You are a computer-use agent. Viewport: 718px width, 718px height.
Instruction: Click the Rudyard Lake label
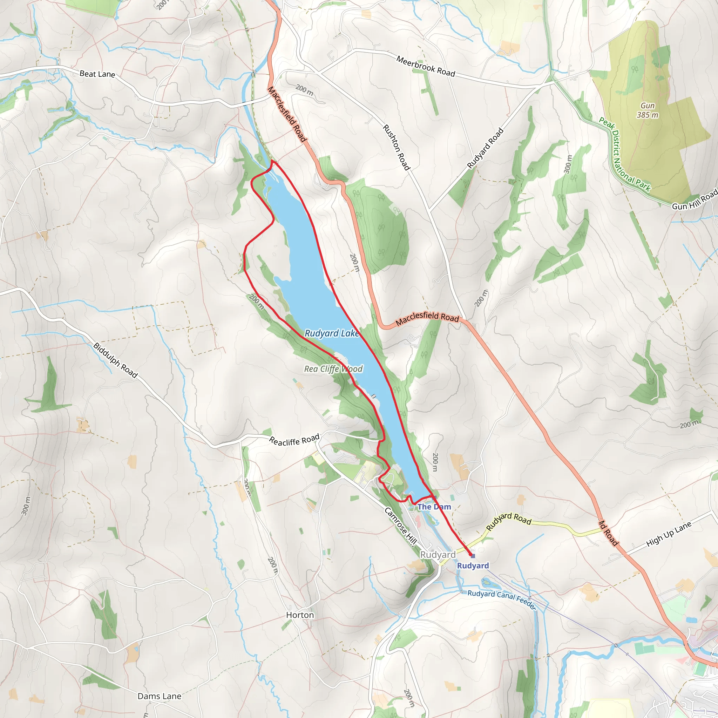point(332,333)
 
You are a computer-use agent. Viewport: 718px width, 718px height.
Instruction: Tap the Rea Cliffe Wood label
point(333,369)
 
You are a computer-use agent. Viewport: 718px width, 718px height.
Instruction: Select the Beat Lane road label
point(97,74)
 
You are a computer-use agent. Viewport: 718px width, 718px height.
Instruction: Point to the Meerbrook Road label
point(426,66)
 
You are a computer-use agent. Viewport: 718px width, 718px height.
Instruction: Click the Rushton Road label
point(396,148)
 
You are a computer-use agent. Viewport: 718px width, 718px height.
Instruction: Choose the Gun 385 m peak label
point(648,110)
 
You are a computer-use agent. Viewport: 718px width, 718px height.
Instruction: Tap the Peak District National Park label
point(624,154)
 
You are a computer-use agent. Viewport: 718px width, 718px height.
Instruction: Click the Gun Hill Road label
point(694,200)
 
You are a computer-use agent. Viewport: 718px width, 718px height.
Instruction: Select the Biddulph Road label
point(116,360)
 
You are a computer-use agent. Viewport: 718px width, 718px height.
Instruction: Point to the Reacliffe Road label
point(294,440)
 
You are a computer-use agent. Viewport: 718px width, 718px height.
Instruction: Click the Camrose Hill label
point(400,526)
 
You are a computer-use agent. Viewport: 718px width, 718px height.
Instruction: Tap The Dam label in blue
point(434,507)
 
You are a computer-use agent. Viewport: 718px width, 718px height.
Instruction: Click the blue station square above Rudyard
point(473,556)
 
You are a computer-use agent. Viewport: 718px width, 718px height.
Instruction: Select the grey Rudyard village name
point(438,555)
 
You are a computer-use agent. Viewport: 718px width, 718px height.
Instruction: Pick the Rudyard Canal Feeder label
point(502,599)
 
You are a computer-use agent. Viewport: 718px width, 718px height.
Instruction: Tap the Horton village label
point(300,615)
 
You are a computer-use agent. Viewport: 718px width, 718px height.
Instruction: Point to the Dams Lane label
point(160,696)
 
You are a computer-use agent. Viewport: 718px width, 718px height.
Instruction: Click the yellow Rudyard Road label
point(509,521)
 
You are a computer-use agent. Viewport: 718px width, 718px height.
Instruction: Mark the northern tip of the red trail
point(273,161)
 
